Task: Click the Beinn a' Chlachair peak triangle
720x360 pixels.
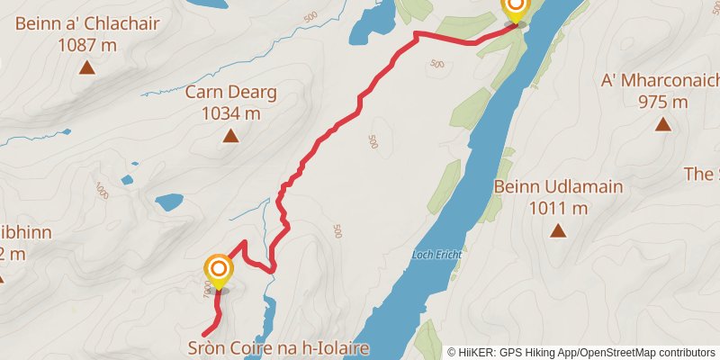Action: tap(87, 67)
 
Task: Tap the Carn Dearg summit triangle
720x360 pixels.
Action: tap(230, 136)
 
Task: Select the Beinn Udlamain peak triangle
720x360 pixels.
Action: tap(558, 231)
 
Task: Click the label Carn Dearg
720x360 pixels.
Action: tap(230, 92)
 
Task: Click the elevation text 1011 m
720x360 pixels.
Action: tap(559, 209)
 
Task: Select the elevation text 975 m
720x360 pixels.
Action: tap(663, 101)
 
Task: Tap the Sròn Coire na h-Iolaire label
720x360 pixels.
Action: tap(279, 347)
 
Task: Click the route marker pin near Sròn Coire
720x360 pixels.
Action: tap(219, 272)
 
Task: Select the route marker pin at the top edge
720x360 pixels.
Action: tap(515, 8)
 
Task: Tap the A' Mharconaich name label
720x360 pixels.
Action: tap(658, 81)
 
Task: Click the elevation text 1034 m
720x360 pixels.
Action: tap(230, 113)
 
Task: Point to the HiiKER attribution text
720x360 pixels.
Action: tap(581, 352)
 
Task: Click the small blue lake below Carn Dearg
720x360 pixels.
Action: tap(167, 202)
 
